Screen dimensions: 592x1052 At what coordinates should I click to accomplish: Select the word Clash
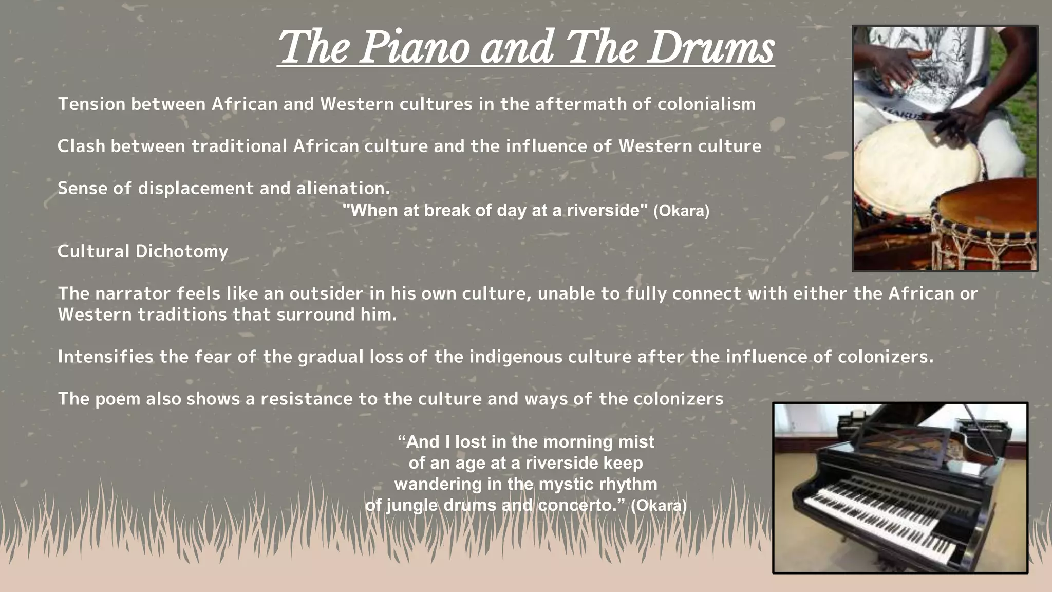tap(81, 146)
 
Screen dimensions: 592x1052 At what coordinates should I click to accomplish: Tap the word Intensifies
tap(105, 357)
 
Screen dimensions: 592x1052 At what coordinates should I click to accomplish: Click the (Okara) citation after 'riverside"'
tap(681, 211)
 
